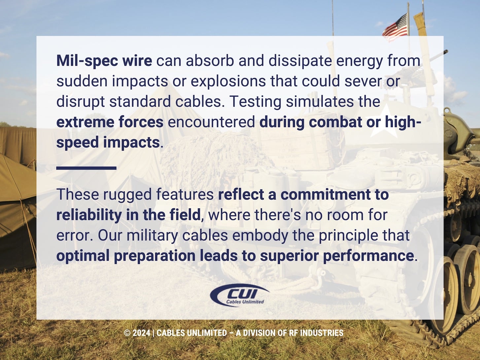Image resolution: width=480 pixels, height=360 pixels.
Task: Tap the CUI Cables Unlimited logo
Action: [x=239, y=295]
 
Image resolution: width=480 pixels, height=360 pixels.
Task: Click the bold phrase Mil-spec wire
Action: [x=104, y=61]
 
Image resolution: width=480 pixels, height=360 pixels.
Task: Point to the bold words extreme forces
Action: [x=110, y=122]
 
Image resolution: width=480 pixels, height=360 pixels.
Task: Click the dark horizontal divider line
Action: [x=86, y=168]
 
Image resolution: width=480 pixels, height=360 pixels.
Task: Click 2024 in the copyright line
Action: [x=141, y=333]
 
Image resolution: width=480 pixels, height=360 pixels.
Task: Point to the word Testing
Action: [x=255, y=102]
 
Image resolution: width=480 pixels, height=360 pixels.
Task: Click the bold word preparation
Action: [x=154, y=256]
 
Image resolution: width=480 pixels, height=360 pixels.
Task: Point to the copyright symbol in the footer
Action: [x=127, y=333]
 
